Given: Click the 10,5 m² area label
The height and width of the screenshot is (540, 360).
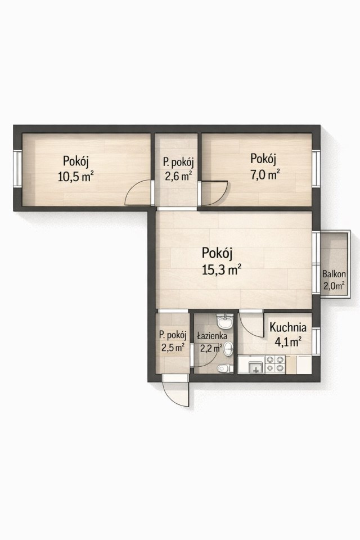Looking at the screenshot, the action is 76,177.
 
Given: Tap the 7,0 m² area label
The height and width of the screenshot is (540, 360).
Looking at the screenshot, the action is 264,175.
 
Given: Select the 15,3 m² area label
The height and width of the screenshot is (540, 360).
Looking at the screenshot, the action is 221,269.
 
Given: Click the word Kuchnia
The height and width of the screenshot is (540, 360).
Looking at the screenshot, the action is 287,326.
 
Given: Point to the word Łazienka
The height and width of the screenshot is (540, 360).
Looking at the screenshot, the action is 212,335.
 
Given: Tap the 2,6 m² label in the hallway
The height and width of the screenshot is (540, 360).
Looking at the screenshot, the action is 178,176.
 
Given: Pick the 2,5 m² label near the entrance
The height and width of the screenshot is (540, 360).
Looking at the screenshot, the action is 173,347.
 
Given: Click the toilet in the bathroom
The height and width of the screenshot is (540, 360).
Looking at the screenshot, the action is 224,368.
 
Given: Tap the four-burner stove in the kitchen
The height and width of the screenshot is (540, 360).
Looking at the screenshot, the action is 275,364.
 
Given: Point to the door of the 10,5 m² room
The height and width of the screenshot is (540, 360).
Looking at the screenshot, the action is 138,192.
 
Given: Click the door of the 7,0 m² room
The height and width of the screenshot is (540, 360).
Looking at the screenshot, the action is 215,194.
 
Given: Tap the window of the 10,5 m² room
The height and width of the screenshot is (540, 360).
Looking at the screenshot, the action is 17,168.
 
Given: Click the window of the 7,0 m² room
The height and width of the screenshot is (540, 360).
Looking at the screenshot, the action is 316,168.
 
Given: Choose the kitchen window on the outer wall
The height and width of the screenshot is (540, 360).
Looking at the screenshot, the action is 316,341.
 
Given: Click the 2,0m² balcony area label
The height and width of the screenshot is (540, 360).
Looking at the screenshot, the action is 334,286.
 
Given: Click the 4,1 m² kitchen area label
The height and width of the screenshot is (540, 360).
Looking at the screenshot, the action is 288,341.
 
